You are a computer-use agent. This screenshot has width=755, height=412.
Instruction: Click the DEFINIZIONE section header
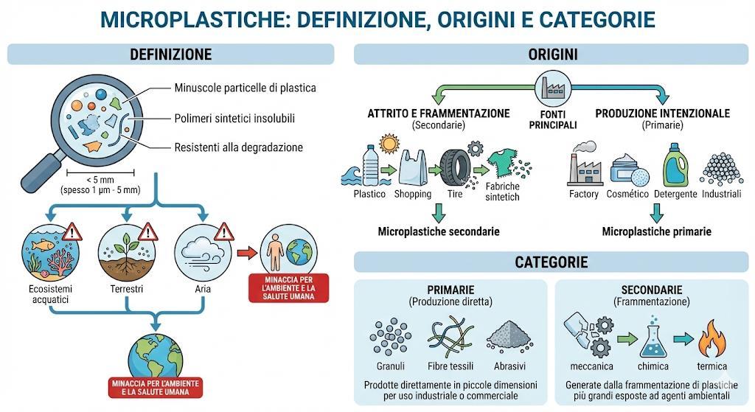click(170, 55)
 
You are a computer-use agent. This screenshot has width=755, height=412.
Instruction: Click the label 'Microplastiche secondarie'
click(439, 231)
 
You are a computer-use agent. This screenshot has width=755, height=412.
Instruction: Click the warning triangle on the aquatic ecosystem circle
click(72, 234)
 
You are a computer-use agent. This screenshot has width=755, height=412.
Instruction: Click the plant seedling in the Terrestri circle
click(130, 244)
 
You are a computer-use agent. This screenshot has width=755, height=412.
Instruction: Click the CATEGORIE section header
click(552, 262)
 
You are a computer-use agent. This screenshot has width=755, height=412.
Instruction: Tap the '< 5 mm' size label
click(88, 179)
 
